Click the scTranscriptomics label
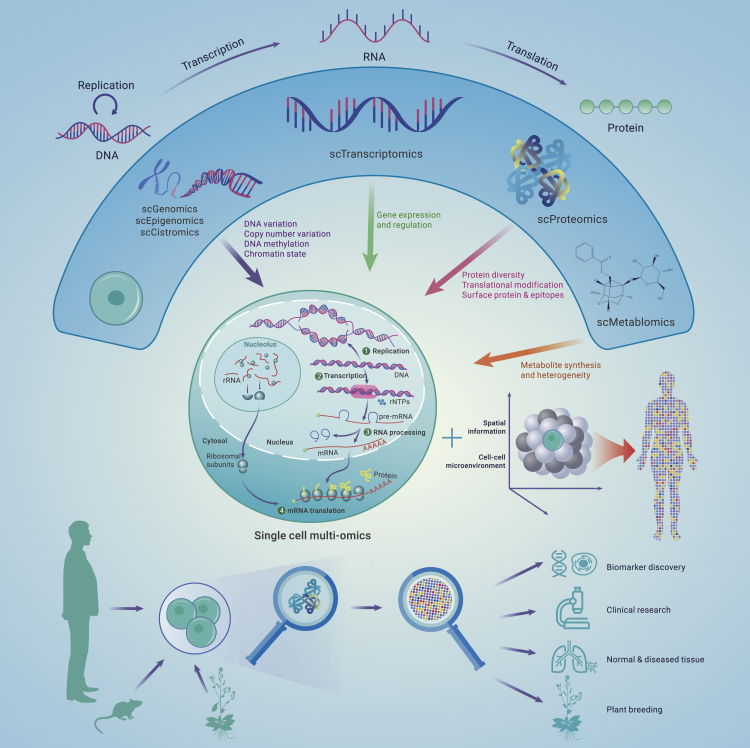click(376, 154)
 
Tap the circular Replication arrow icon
click(105, 103)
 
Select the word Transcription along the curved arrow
click(213, 54)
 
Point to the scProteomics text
click(572, 219)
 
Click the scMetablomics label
click(635, 322)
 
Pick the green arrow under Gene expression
click(370, 229)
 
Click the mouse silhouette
click(118, 715)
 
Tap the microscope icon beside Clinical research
click(573, 608)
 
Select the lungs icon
click(573, 657)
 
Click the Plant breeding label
click(634, 709)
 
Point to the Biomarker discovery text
click(646, 567)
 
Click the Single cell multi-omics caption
click(312, 535)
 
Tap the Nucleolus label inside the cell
click(260, 344)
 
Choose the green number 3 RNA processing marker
click(368, 432)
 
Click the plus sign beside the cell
click(452, 438)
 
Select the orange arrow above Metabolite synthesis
click(529, 352)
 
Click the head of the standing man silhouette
click(80, 533)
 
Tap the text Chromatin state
click(275, 254)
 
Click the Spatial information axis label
click(486, 427)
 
